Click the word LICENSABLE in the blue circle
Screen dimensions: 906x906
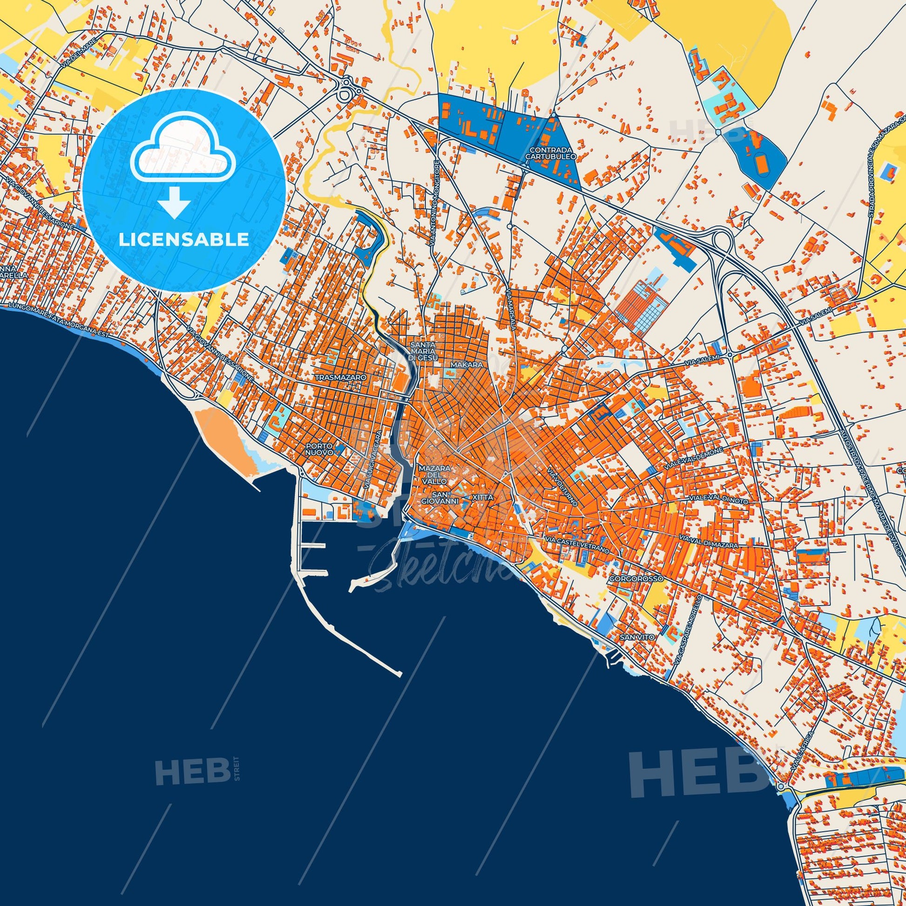[x=183, y=240]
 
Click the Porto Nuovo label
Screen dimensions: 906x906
[x=319, y=449]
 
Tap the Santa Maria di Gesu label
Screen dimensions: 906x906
[x=423, y=351]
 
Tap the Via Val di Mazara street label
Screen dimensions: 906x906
[x=713, y=544]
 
